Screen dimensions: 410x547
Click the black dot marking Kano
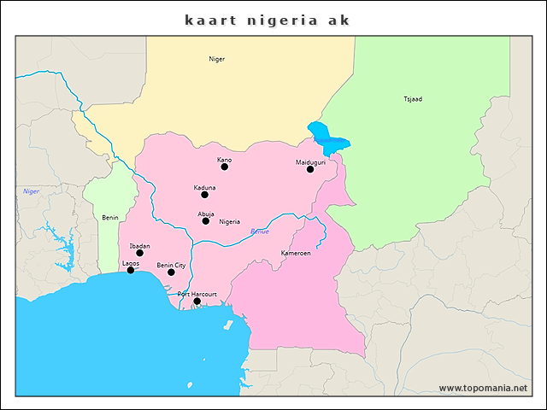pos(225,167)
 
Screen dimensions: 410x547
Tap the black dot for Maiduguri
pos(310,169)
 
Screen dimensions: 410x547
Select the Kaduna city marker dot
pos(204,195)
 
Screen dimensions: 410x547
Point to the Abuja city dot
pos(206,221)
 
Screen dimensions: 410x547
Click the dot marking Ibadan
pos(140,253)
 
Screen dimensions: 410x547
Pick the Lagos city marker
pos(131,270)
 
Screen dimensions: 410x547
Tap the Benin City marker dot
pos(171,272)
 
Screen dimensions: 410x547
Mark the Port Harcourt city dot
pos(197,301)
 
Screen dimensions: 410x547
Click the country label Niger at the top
pos(217,59)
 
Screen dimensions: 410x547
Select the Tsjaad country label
pos(413,99)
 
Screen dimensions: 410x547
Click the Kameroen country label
pos(295,254)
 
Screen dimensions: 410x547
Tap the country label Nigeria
pos(229,222)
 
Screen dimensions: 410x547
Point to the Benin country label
pos(110,218)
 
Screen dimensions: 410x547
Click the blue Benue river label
pos(259,231)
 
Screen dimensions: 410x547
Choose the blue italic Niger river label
pos(32,191)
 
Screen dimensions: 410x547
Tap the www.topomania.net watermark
pos(483,388)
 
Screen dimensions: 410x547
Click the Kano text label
pos(224,160)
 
